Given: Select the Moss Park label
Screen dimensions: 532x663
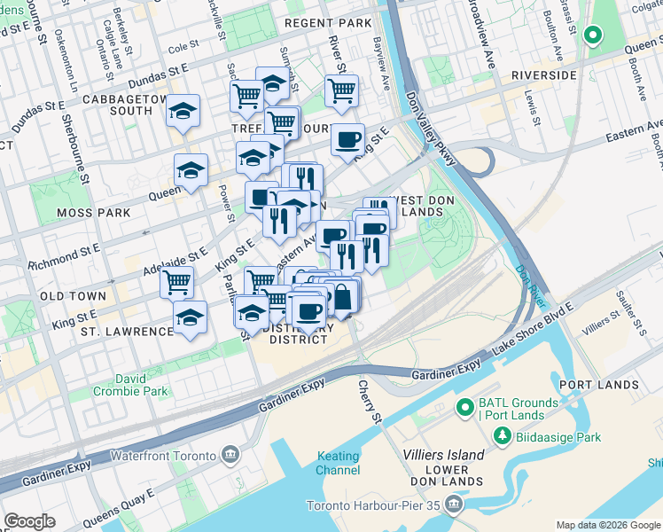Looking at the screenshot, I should (93, 213).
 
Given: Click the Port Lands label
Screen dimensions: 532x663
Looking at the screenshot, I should (599, 385).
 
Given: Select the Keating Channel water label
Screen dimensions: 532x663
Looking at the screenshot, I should (339, 463).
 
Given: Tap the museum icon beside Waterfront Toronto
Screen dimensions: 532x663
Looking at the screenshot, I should (230, 456).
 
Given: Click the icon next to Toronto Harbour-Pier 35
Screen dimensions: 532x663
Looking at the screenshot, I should (455, 506).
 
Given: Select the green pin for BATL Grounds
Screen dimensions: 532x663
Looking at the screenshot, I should (462, 408).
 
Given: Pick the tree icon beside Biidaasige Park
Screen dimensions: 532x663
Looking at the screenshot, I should (502, 436).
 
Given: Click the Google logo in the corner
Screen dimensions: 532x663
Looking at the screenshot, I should (29, 521).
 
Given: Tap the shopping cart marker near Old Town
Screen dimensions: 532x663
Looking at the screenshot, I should (176, 282).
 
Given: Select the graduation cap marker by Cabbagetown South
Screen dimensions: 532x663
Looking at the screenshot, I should (183, 111).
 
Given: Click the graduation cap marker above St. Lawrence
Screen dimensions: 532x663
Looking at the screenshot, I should (190, 317).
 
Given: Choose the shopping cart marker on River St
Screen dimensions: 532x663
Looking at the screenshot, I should (341, 90).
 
